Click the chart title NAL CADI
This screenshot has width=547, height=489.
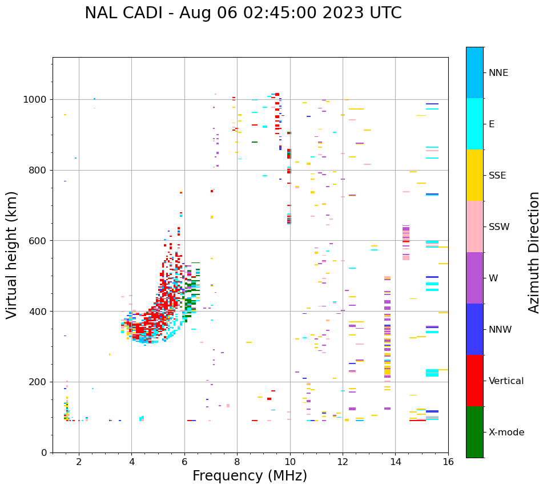(x=243, y=13)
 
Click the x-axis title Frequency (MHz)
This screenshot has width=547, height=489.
(x=250, y=476)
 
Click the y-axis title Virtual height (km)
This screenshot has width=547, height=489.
(x=12, y=254)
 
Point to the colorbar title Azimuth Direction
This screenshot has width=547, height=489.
(x=534, y=252)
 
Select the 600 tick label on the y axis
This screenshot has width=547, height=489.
(x=37, y=241)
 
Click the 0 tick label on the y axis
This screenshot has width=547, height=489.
(x=43, y=452)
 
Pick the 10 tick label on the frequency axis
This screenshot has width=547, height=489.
(x=290, y=462)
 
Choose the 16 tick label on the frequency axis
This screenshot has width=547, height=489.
(x=448, y=462)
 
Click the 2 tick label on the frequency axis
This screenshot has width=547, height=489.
(x=79, y=462)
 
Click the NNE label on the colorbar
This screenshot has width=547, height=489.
(x=498, y=73)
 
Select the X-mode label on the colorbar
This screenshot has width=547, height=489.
(x=506, y=433)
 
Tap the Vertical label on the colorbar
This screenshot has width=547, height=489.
(x=506, y=381)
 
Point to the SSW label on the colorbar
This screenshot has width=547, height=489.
(x=499, y=227)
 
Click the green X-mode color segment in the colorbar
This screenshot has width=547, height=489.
(x=474, y=432)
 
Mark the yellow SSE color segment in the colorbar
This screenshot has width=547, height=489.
(x=474, y=175)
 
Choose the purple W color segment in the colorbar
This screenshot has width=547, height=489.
(x=474, y=278)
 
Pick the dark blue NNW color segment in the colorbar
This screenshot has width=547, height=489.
(x=474, y=329)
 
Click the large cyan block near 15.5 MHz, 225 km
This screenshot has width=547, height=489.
(x=432, y=373)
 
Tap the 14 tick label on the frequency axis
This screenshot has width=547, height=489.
(x=395, y=462)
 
